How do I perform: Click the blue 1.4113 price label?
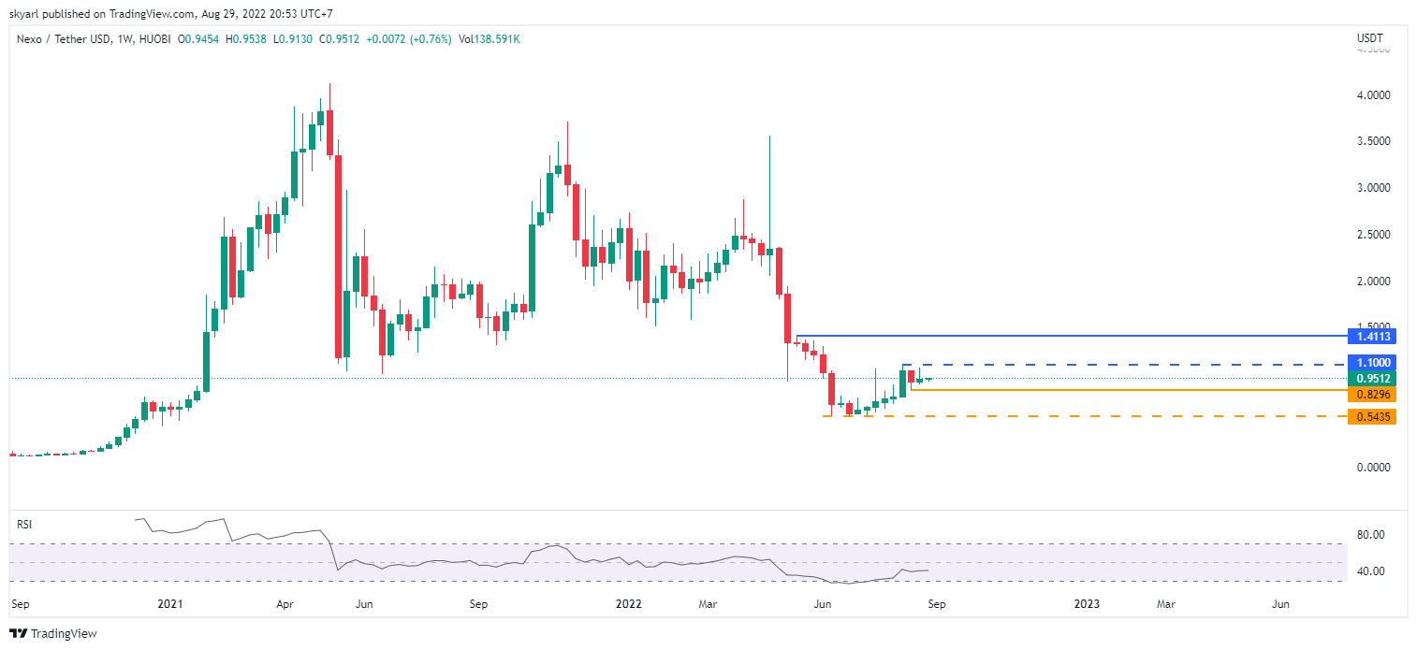pos(1371,336)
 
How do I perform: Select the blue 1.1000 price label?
pos(1371,363)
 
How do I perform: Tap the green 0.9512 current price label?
pos(1371,379)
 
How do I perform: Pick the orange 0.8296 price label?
pos(1371,395)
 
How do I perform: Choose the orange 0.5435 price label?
pos(1371,417)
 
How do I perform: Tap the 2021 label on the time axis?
pos(169,604)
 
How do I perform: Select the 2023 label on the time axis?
pos(1087,604)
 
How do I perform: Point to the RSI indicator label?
pos(25,525)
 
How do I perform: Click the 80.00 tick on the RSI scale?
pos(1370,535)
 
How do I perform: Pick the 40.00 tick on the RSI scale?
pos(1370,571)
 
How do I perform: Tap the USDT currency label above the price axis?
pos(1369,38)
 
